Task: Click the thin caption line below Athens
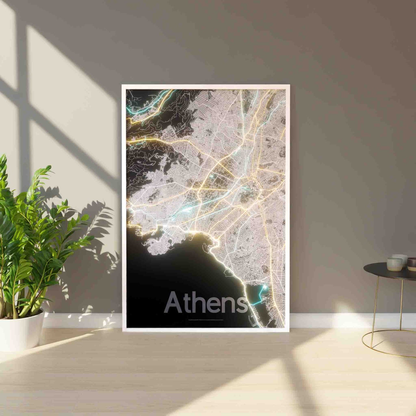pyautogui.click(x=206, y=319)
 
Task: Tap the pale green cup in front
pyautogui.click(x=394, y=264)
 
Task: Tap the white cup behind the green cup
pyautogui.click(x=400, y=257)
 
